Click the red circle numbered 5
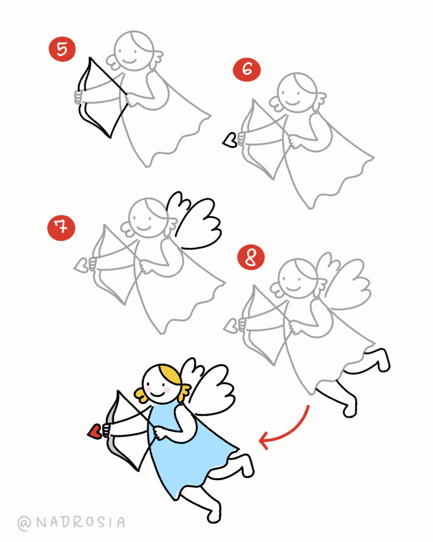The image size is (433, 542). [62, 49]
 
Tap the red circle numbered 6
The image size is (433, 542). [246, 69]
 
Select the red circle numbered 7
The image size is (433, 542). [61, 228]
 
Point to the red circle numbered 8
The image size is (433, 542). [251, 258]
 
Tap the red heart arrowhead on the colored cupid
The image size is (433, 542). [95, 431]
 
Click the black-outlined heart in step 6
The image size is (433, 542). [229, 140]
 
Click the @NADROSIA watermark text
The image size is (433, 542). [71, 522]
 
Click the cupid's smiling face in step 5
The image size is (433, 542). [133, 51]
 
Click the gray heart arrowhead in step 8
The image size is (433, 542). [231, 326]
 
